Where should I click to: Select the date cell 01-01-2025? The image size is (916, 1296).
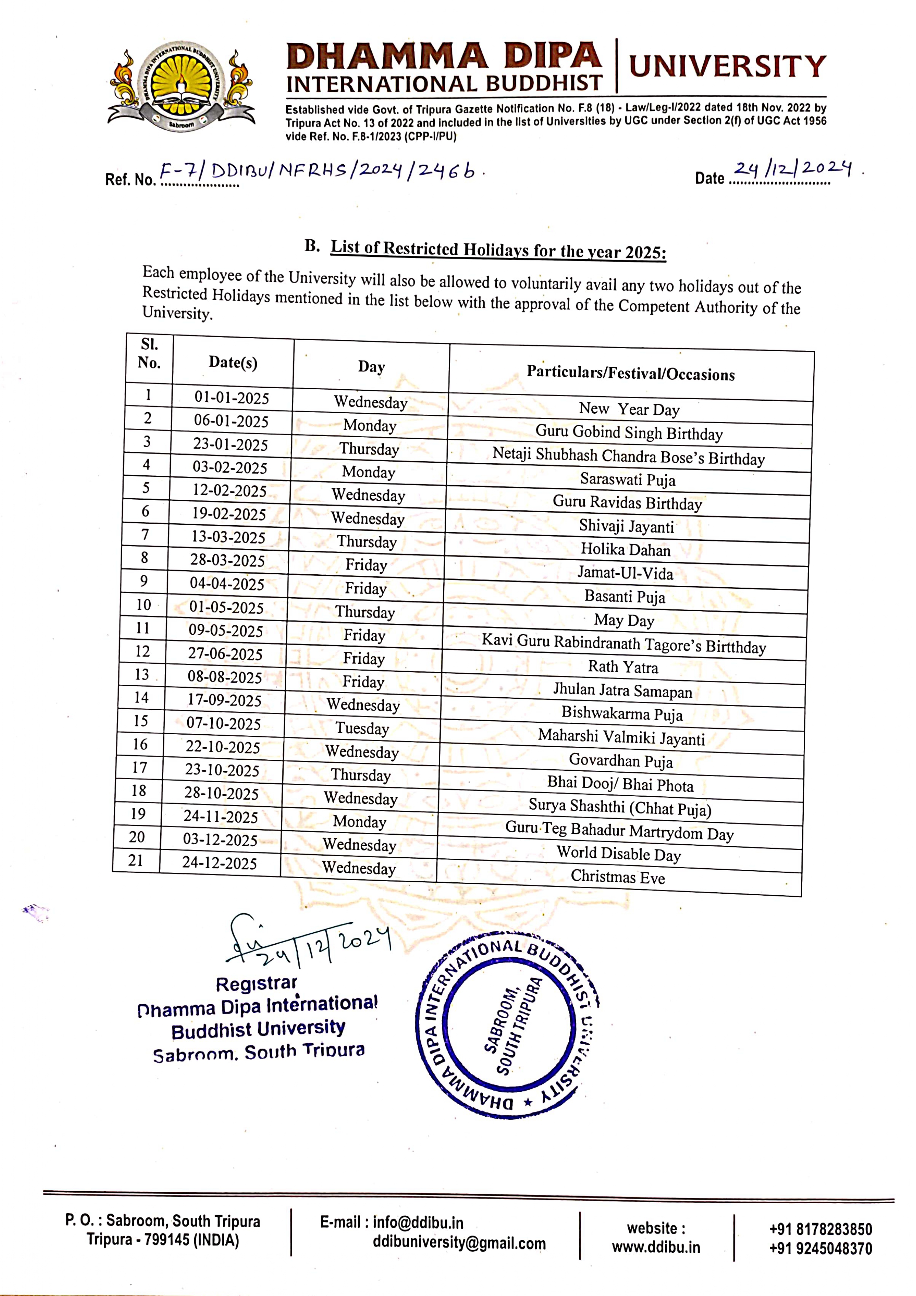pyautogui.click(x=232, y=398)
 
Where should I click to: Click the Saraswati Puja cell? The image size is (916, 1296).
pyautogui.click(x=628, y=480)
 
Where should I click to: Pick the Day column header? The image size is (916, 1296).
pyautogui.click(x=371, y=367)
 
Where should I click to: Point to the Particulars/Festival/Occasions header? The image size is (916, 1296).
pyautogui.click(x=630, y=373)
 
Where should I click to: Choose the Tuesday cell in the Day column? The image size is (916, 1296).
pyautogui.click(x=362, y=728)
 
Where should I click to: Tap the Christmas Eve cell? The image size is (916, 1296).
pyautogui.click(x=618, y=876)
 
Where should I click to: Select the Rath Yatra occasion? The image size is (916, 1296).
pyautogui.click(x=623, y=667)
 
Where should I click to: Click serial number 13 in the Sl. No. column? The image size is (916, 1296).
pyautogui.click(x=142, y=674)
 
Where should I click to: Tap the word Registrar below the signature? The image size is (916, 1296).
pyautogui.click(x=256, y=984)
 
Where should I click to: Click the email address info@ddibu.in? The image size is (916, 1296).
pyautogui.click(x=418, y=1223)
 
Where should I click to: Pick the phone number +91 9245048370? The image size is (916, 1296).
pyautogui.click(x=820, y=1249)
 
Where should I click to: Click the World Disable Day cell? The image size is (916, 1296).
pyautogui.click(x=619, y=854)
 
